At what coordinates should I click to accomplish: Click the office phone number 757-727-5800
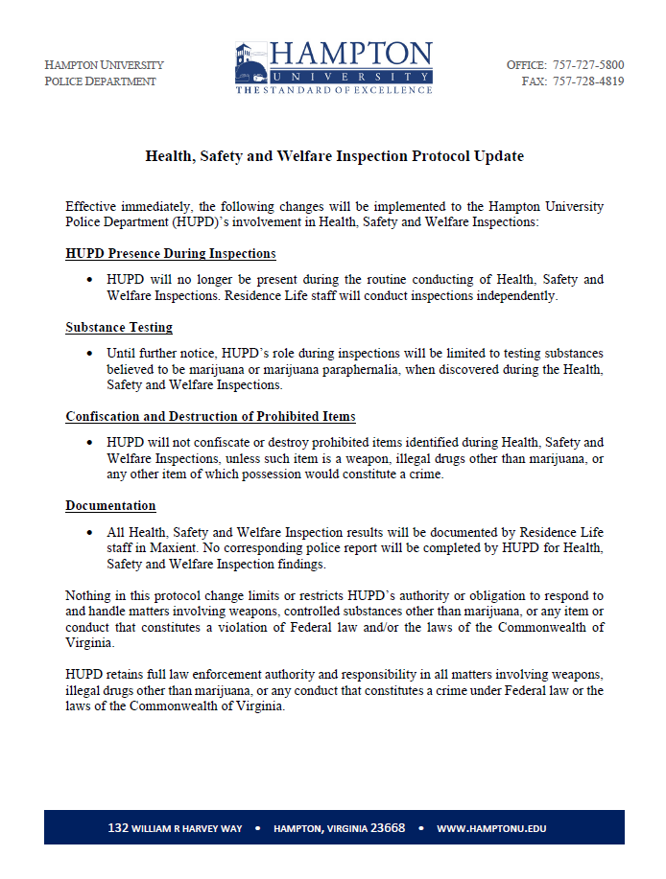[x=587, y=65]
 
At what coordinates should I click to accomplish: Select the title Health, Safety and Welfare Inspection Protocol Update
[x=334, y=156]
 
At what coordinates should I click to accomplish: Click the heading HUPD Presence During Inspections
[x=171, y=254]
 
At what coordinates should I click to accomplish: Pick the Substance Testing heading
[x=119, y=328]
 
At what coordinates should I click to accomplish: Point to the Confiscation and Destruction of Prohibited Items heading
[x=210, y=417]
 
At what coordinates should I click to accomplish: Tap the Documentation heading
[x=110, y=506]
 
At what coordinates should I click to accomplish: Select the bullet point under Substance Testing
[x=89, y=354]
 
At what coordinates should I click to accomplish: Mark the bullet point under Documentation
[x=89, y=532]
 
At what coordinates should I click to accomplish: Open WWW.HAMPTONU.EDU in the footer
[x=491, y=828]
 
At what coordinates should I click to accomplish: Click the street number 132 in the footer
[x=119, y=828]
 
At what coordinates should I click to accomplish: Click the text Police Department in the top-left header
[x=100, y=81]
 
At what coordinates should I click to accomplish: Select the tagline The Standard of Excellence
[x=334, y=90]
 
